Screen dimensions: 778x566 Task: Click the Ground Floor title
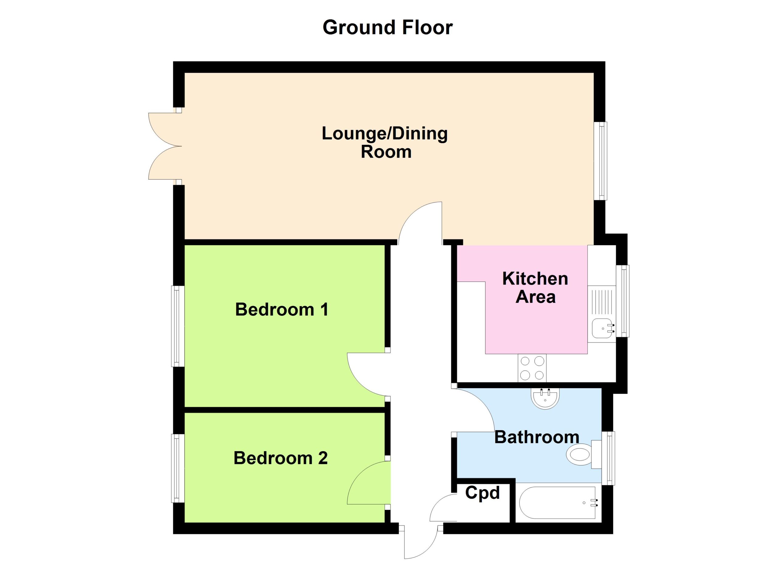tap(387, 27)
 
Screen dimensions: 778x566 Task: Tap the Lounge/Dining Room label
tap(384, 142)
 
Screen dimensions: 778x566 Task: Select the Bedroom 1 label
tap(282, 309)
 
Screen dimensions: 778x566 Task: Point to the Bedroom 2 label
tap(281, 458)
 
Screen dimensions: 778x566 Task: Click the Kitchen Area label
tap(535, 288)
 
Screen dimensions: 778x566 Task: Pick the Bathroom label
tap(537, 437)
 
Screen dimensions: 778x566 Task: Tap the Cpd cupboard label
tap(482, 493)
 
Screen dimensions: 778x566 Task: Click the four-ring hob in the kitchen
tap(532, 368)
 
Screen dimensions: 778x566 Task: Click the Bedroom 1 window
tap(178, 326)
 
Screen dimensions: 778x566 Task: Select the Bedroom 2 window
tap(178, 469)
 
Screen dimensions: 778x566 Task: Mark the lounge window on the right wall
tap(600, 161)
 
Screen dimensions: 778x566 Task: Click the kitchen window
tap(623, 301)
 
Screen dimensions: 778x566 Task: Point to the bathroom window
tap(608, 458)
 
